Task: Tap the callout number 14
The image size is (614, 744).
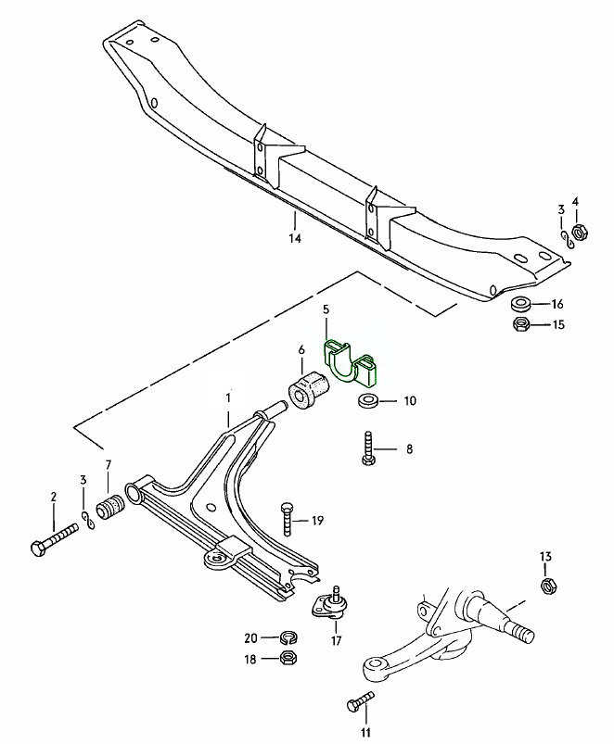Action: coord(295,238)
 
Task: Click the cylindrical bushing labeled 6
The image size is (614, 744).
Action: coord(308,389)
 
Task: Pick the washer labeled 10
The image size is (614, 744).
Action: coord(366,401)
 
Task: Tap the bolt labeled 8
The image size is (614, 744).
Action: coord(369,451)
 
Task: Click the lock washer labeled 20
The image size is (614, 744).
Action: coord(287,637)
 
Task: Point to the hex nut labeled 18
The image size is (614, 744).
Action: coord(287,658)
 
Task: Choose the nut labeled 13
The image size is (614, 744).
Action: coord(546,585)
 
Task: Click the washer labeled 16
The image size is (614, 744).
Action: coord(520,304)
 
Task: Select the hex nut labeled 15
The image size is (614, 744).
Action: coord(520,324)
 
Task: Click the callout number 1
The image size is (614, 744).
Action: coord(226,398)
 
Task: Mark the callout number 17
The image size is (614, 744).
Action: coord(335,640)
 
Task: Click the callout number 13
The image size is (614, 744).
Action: coord(545,556)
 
